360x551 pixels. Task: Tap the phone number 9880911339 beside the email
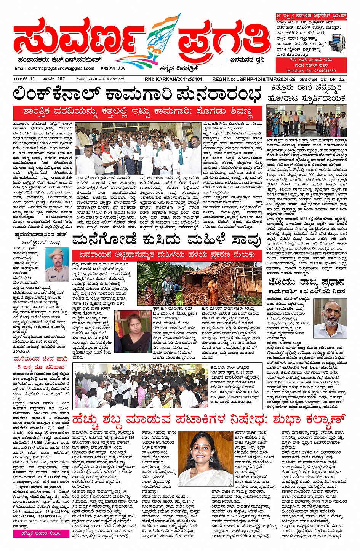pyautogui.click(x=113, y=68)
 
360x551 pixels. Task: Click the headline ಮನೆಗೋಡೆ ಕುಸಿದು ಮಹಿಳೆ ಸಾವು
pyautogui.click(x=166, y=240)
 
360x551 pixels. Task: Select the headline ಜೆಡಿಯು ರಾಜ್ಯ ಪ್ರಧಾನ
pyautogui.click(x=306, y=283)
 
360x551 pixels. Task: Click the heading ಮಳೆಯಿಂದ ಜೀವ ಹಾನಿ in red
pyautogui.click(x=41, y=359)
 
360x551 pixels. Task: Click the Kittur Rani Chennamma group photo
pyautogui.click(x=306, y=121)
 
